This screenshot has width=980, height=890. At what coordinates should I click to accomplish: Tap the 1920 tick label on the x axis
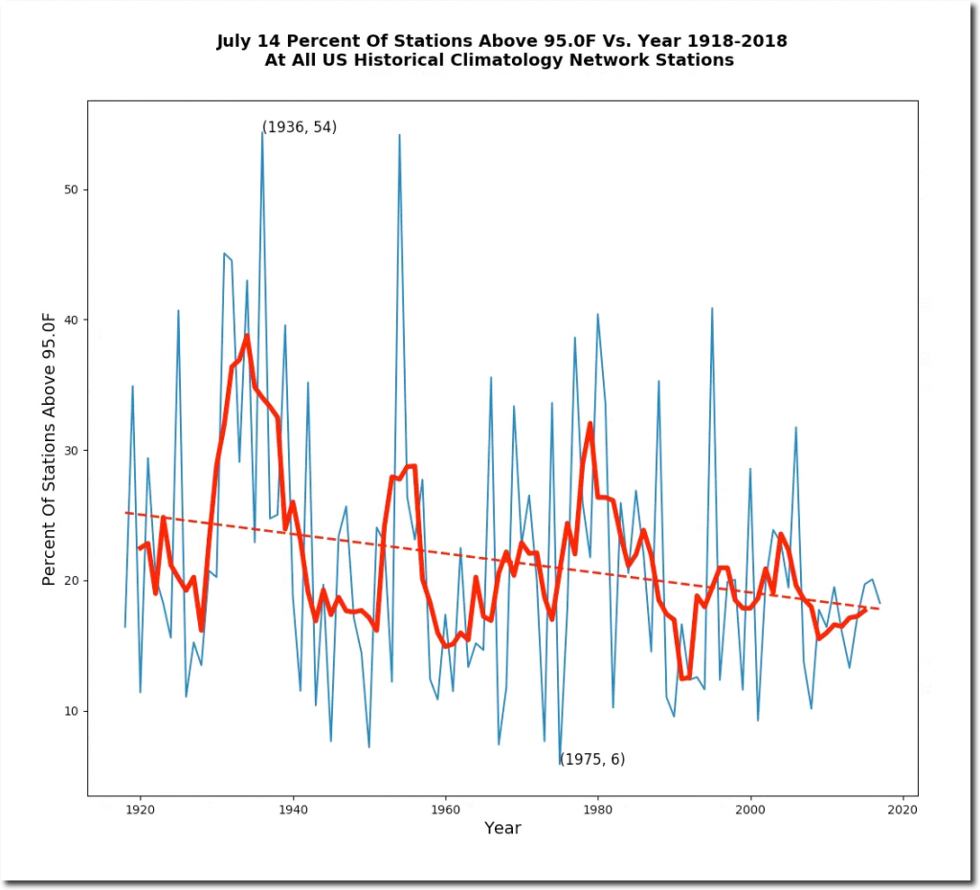tap(140, 810)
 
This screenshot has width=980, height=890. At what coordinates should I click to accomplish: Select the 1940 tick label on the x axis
tap(293, 810)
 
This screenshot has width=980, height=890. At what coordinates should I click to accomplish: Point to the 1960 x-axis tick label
tap(445, 810)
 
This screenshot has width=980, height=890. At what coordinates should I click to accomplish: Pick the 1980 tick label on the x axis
tap(598, 810)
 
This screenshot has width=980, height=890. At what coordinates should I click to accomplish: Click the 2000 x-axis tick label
tap(750, 810)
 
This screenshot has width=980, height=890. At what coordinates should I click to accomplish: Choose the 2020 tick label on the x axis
tap(902, 810)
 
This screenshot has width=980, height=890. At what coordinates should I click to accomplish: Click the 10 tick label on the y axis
tap(70, 711)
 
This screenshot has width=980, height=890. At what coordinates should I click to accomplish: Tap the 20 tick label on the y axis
tap(70, 581)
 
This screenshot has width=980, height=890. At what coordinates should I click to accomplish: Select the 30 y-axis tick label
tap(70, 451)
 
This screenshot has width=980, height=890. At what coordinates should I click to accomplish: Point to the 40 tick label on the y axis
tap(70, 321)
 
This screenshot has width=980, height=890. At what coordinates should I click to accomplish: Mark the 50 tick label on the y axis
tap(70, 190)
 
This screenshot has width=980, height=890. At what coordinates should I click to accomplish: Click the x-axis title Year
tap(502, 829)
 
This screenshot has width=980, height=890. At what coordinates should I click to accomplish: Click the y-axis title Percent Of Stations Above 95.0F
tap(50, 448)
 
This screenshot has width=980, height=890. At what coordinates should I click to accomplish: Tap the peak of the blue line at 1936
tap(262, 132)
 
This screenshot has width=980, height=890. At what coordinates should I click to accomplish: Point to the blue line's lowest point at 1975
tap(560, 764)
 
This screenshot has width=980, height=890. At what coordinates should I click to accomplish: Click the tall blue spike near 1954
tap(399, 135)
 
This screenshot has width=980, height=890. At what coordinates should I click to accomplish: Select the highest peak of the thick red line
tap(247, 336)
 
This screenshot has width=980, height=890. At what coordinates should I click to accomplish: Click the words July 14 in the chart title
tap(251, 41)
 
